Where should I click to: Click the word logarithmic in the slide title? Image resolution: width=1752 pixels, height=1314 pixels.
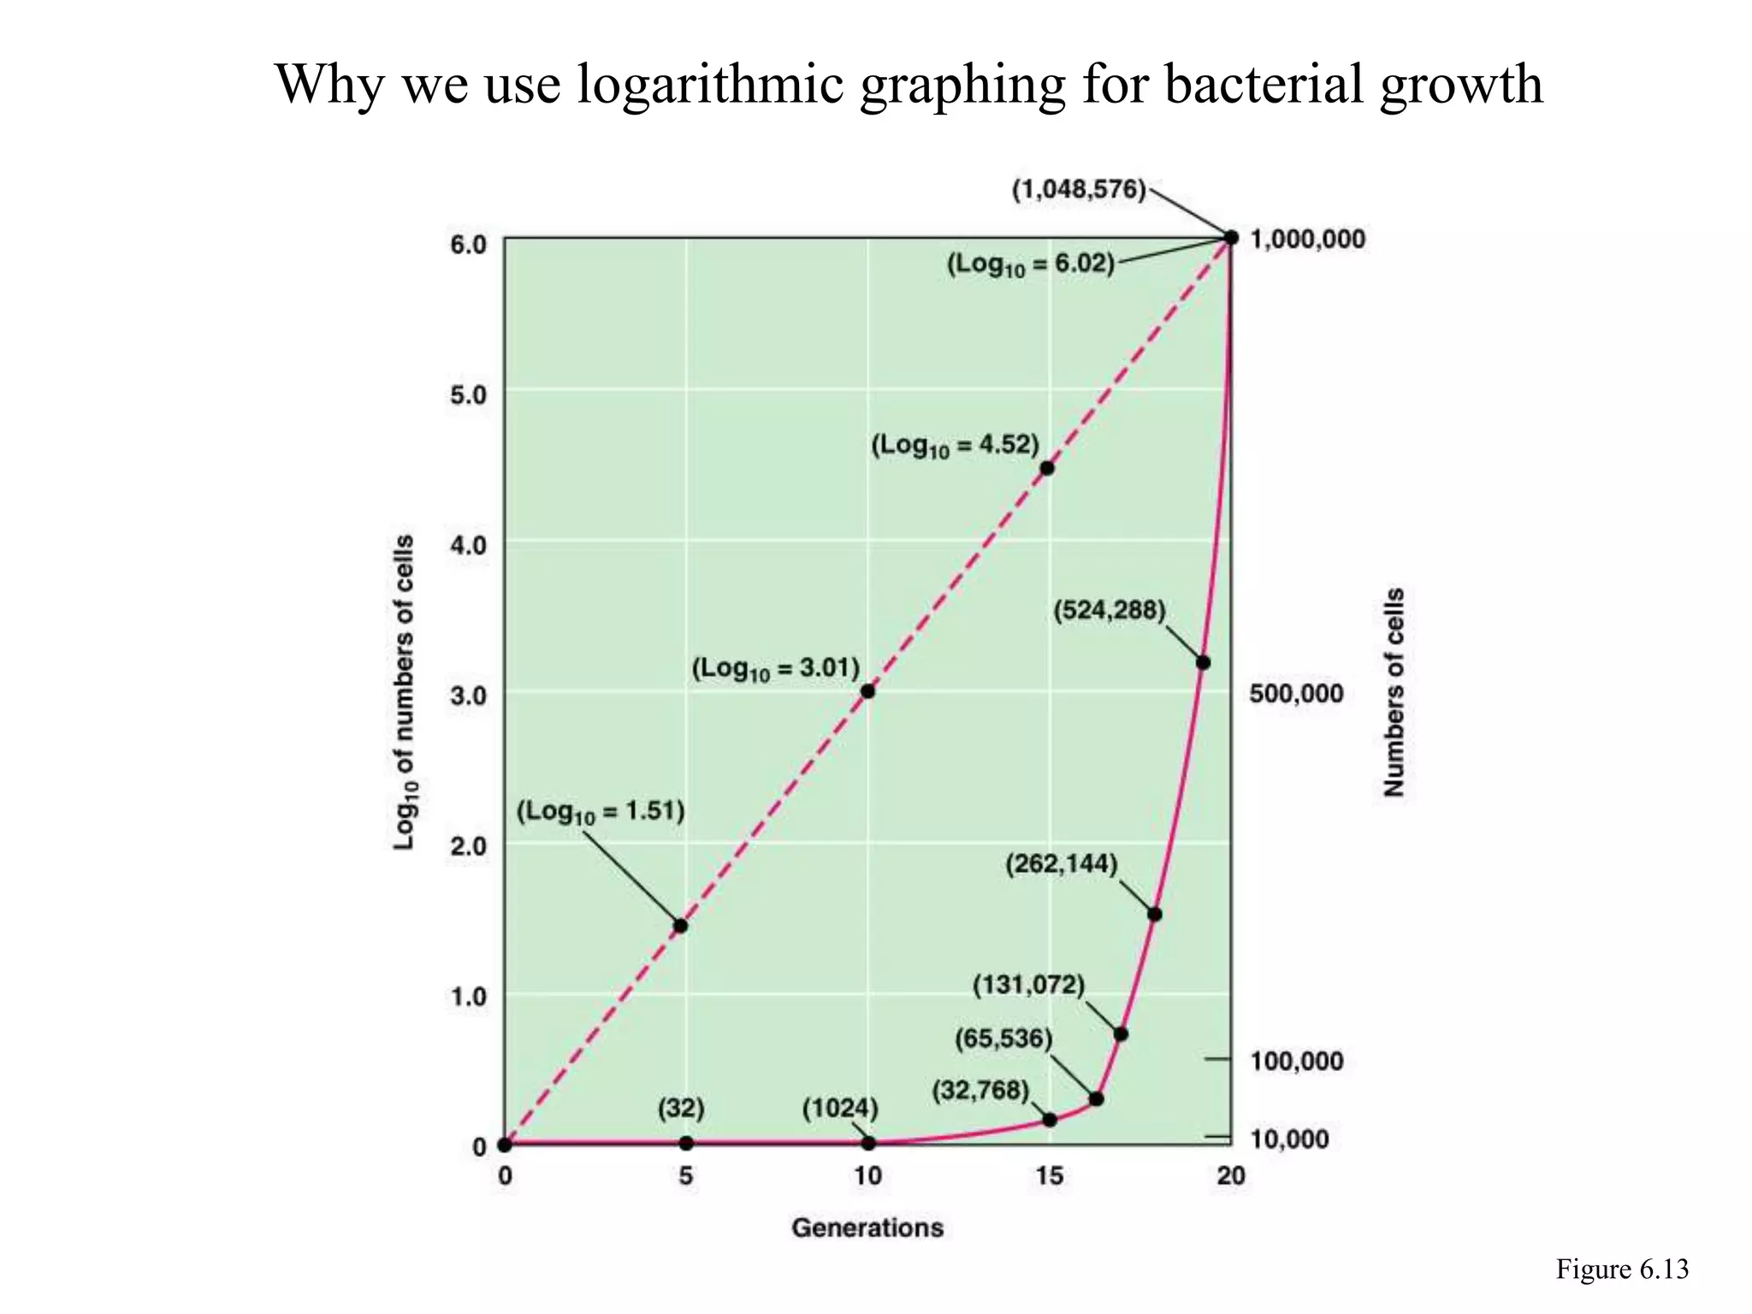point(710,86)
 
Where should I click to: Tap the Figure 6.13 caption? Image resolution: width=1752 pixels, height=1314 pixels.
point(1622,1270)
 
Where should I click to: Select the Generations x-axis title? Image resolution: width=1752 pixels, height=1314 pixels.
point(867,1228)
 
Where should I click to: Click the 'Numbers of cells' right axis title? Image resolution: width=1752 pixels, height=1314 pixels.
point(1394,692)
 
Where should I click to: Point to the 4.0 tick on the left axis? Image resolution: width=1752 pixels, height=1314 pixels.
point(468,545)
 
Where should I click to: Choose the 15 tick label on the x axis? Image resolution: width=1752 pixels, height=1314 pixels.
point(1050,1176)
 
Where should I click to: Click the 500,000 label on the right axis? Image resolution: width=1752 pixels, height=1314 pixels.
point(1296,693)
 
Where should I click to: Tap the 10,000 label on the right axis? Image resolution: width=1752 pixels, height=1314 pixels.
point(1289,1139)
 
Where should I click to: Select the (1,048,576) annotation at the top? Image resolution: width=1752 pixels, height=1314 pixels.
point(1079,190)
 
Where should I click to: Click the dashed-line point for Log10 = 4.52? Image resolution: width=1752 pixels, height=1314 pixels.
point(1047,468)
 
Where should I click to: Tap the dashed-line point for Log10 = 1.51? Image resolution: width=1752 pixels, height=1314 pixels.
point(681,926)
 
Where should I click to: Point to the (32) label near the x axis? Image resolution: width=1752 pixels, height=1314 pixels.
point(681,1109)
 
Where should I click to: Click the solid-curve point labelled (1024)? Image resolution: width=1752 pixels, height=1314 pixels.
point(868,1143)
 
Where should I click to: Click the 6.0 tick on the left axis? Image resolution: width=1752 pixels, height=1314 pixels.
point(468,245)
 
